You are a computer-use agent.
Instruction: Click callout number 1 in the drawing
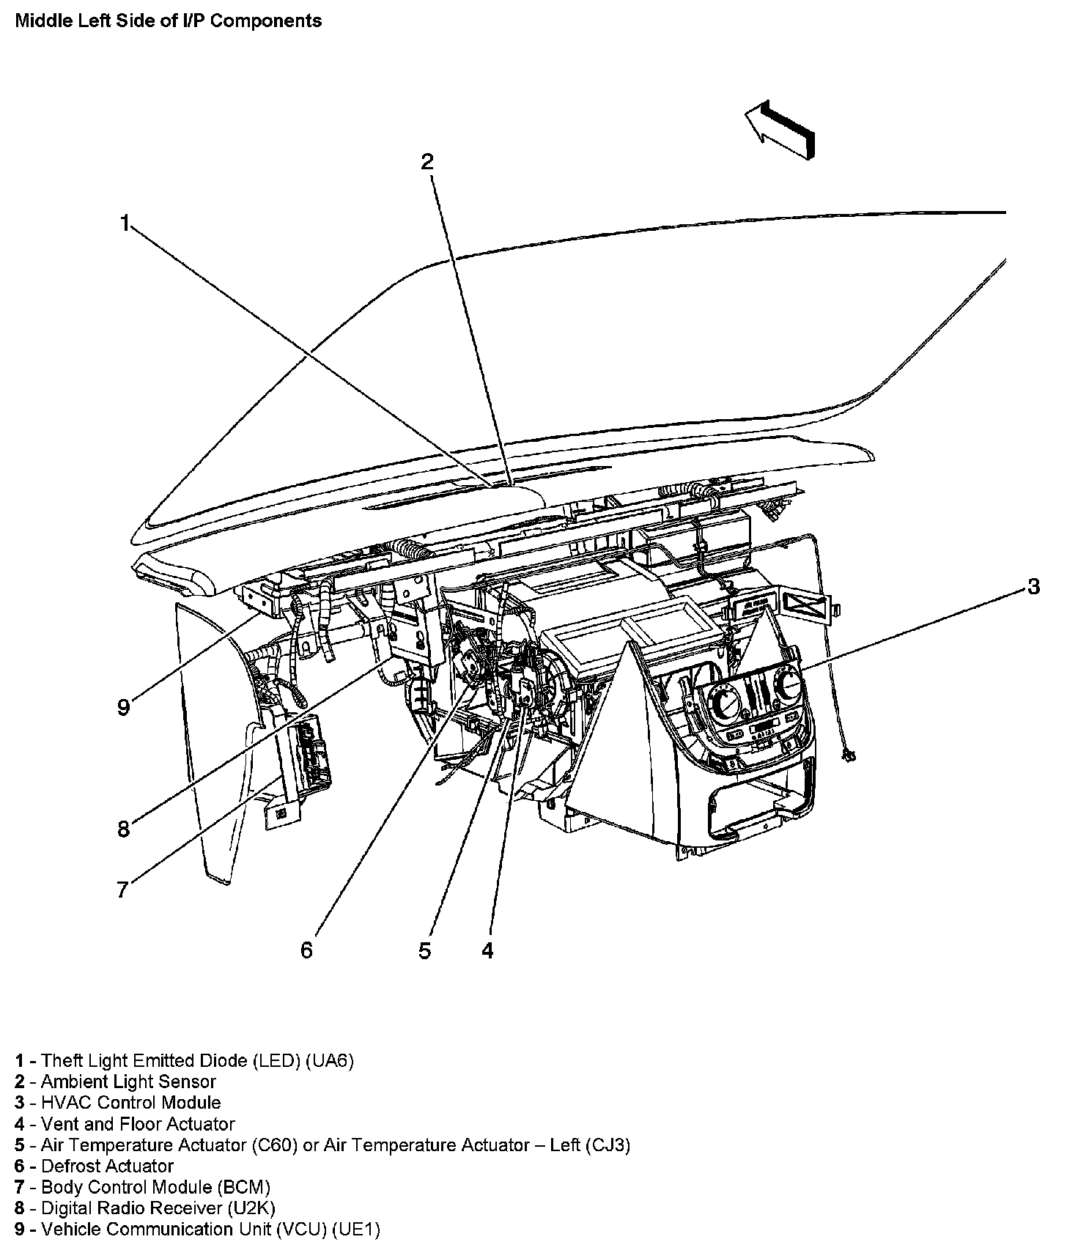point(125,223)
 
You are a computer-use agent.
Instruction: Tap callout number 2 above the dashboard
point(427,162)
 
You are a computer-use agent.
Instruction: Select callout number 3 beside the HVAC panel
point(1033,586)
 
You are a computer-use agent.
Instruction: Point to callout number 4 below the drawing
point(488,950)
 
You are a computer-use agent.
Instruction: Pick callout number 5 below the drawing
point(425,950)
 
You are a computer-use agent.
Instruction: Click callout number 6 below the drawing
point(306,950)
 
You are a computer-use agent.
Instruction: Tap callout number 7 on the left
point(122,890)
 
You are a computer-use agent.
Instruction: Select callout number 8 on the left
point(123,829)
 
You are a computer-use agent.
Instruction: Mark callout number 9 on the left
point(123,707)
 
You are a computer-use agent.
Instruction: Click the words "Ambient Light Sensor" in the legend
point(128,1081)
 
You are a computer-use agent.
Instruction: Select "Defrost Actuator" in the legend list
point(107,1165)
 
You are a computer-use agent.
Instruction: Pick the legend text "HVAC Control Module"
point(130,1102)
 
